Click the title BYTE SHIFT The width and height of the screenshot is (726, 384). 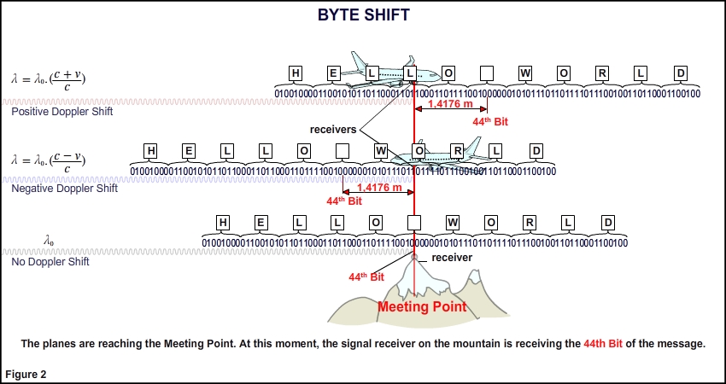(x=363, y=15)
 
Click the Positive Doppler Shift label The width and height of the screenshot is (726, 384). (x=61, y=112)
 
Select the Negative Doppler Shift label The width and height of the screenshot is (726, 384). (x=64, y=188)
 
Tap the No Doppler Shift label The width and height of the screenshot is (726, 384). (x=50, y=262)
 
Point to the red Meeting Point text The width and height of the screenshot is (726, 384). (x=422, y=307)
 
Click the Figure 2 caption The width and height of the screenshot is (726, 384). (x=26, y=374)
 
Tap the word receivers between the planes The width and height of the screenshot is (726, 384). (x=332, y=129)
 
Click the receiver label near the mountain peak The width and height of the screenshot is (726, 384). (x=451, y=257)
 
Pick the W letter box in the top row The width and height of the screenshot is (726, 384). (x=525, y=73)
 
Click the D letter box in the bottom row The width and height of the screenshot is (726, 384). (x=607, y=223)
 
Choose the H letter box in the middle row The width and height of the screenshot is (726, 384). (x=151, y=152)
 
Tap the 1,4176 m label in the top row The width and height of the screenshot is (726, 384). (x=450, y=105)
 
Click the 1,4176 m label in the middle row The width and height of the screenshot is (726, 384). (x=379, y=188)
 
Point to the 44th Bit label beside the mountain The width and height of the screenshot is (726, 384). (x=366, y=277)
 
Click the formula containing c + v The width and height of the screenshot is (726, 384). (x=49, y=78)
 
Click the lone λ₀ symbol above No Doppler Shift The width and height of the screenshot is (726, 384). (x=49, y=241)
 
